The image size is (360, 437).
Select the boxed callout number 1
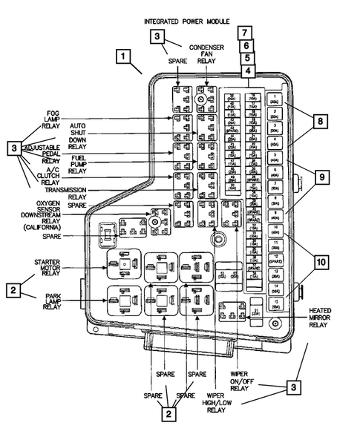tap(127, 56)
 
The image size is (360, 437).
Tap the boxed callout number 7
tap(245, 33)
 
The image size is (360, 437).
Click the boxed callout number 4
tap(245, 71)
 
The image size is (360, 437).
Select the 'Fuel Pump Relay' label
tap(77, 165)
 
